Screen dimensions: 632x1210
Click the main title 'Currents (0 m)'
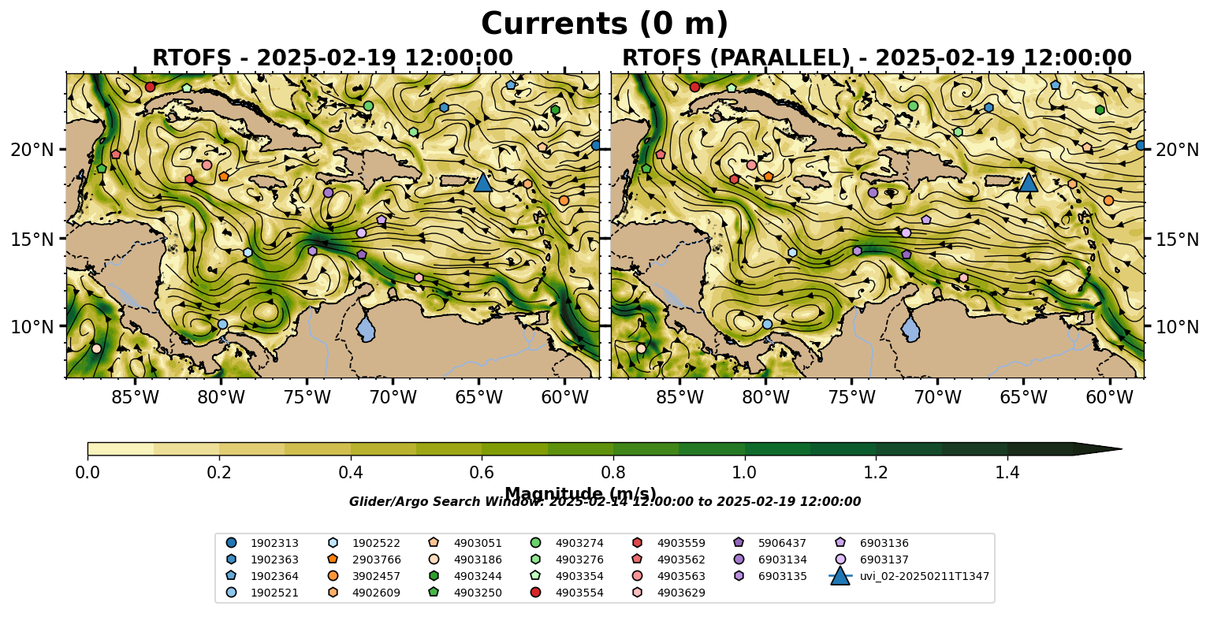(605, 24)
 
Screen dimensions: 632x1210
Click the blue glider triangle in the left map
(482, 183)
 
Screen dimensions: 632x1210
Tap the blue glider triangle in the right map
(1028, 183)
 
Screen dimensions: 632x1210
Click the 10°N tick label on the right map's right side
(1177, 326)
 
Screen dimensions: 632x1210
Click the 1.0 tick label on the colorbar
(745, 473)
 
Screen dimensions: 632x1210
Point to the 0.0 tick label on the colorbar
(87, 473)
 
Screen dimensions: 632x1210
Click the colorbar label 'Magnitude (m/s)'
(580, 494)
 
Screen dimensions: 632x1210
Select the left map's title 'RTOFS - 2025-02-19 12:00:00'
(332, 58)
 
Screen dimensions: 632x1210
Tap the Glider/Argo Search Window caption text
(605, 502)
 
